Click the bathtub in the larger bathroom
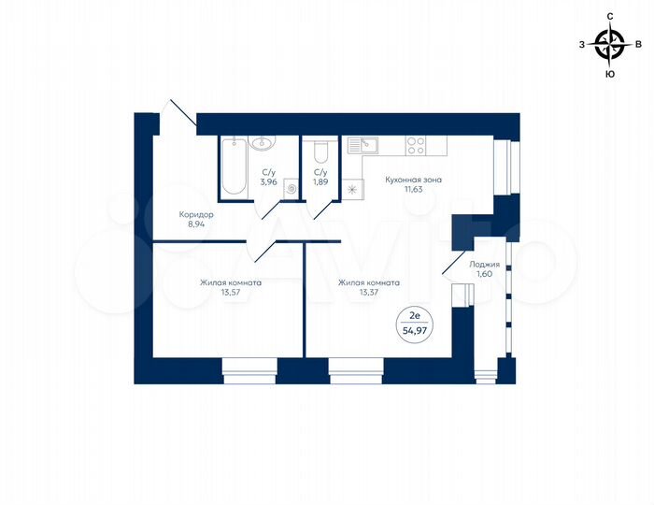(234, 166)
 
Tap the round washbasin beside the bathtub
(263, 143)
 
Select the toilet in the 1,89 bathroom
(320, 151)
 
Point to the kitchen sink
(361, 145)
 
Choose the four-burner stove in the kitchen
(416, 146)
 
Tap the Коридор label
(196, 214)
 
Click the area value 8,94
(196, 224)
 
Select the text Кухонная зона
(414, 179)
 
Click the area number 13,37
(369, 292)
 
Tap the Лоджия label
(484, 265)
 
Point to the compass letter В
(638, 44)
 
